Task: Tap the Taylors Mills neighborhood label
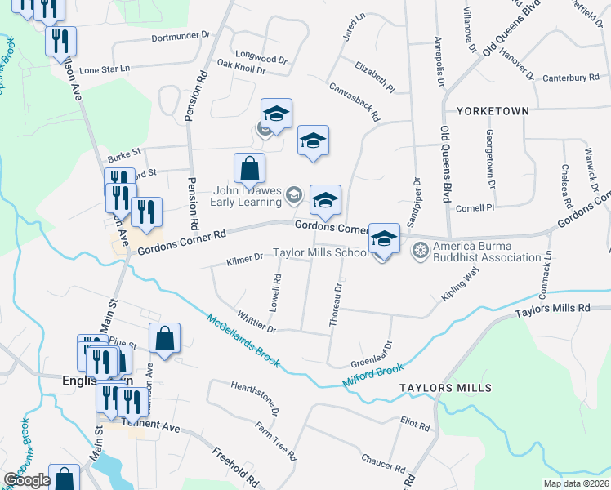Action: [444, 387]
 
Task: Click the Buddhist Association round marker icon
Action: [421, 248]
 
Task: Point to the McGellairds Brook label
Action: [243, 341]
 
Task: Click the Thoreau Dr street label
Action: [335, 306]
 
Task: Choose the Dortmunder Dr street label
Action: [181, 38]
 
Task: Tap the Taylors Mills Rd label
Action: [551, 310]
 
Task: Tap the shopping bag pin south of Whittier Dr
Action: [164, 338]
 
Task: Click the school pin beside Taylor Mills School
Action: [384, 238]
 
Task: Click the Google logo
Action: [27, 480]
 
